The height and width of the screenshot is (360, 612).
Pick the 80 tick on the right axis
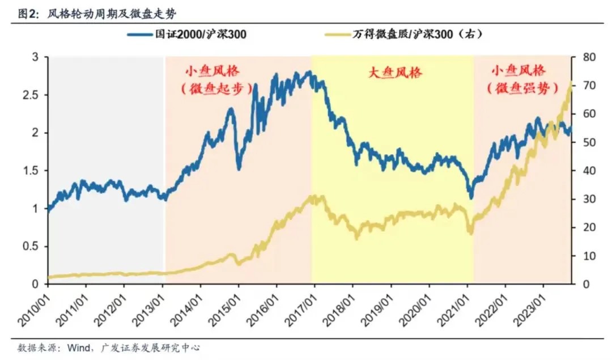(x=584, y=57)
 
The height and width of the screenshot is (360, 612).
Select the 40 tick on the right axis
(x=584, y=171)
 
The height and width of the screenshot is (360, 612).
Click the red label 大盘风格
(x=392, y=73)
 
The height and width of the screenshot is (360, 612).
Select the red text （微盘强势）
(x=517, y=88)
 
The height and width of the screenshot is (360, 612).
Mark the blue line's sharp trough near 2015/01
(x=239, y=168)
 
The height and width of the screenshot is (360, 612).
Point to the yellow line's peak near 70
(x=569, y=83)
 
